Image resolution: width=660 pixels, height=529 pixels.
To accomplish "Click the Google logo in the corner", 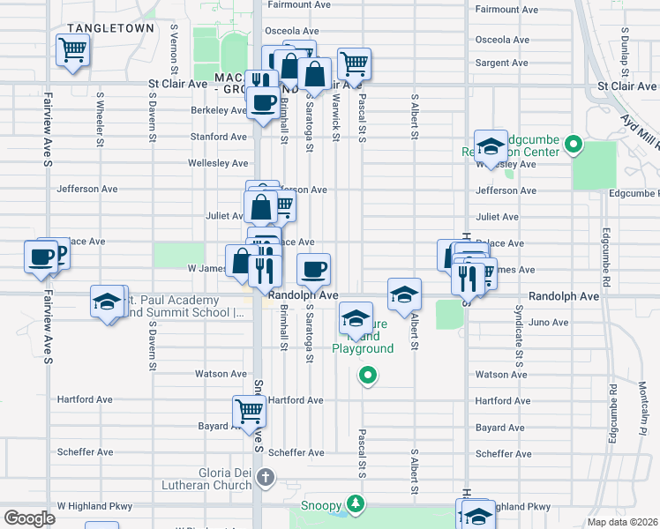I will (29, 518).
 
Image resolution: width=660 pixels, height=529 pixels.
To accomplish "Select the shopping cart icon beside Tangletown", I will (72, 49).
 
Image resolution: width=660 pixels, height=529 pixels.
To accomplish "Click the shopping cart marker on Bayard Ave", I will (250, 410).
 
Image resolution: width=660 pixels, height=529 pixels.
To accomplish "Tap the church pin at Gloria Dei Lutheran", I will (266, 478).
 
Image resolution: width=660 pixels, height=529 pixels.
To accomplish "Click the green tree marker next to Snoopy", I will (355, 503).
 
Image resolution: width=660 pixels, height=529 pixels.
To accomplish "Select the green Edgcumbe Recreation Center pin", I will (573, 143).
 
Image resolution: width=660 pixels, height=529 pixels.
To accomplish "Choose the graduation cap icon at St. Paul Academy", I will (107, 302).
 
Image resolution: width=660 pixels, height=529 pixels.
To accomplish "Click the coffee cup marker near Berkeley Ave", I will (262, 103).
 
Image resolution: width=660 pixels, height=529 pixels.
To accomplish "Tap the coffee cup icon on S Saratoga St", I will (313, 268).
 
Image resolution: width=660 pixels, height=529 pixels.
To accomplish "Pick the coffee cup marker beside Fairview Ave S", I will (41, 257).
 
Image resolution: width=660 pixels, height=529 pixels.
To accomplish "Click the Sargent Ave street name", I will (501, 63).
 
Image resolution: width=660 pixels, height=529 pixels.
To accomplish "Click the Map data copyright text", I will (621, 522).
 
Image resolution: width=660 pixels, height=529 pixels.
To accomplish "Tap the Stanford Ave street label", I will (220, 137).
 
